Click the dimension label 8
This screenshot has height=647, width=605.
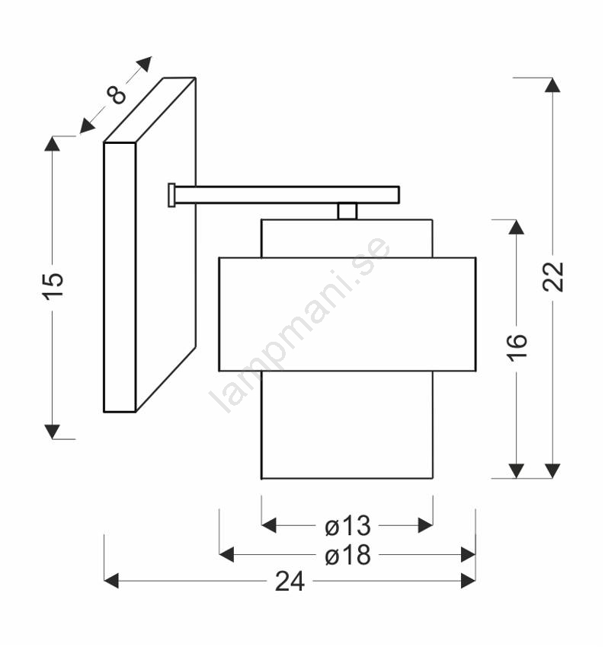pos(117,94)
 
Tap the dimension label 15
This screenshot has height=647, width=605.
pos(53,285)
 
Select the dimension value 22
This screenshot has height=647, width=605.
pos(552,276)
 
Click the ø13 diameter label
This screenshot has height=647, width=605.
pos(347,526)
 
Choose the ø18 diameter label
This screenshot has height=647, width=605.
pos(347,555)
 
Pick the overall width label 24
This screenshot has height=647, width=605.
pos(290,582)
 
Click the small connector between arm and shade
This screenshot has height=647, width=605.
pos(347,212)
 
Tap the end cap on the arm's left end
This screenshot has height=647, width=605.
pos(171,195)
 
